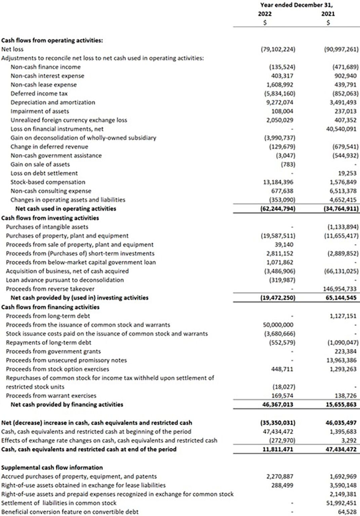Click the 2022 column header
(265, 14)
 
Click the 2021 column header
(328, 14)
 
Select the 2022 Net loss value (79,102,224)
(278, 49)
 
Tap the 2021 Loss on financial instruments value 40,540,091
(341, 129)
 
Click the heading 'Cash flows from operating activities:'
(52, 40)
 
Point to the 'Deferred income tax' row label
(39, 93)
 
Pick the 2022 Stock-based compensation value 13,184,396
(278, 182)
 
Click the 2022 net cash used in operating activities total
(278, 209)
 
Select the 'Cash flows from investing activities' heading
(50, 218)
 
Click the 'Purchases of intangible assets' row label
(47, 227)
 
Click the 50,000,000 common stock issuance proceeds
(278, 325)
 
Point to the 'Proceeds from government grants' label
(53, 351)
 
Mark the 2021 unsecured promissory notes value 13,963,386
(341, 360)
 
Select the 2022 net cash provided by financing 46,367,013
(278, 404)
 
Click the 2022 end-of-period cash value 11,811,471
(278, 449)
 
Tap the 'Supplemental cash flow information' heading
(52, 467)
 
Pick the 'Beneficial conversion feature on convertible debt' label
(70, 512)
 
